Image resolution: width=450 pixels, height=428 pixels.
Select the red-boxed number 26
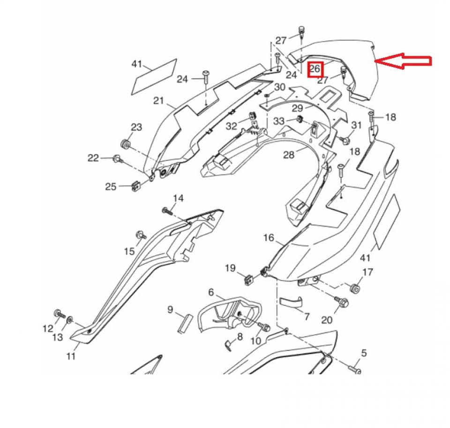[315, 69]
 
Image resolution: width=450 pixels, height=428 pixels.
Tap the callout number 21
[158, 101]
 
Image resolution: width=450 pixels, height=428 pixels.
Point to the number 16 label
[269, 238]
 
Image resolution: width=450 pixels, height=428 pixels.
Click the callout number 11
[71, 356]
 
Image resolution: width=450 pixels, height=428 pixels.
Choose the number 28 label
[289, 155]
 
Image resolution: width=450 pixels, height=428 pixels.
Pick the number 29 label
[298, 108]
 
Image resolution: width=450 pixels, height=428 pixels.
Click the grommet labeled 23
[125, 143]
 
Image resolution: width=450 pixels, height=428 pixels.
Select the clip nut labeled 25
[136, 186]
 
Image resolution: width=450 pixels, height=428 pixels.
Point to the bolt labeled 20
[342, 301]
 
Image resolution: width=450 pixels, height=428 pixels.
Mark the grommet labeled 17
[355, 288]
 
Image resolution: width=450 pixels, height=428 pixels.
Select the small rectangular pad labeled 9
[185, 324]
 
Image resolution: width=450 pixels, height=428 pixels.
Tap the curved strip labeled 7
[291, 302]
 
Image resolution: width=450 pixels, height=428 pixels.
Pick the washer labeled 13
[70, 320]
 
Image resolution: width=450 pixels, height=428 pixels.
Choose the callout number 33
[278, 121]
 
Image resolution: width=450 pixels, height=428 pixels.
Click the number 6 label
[211, 292]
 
